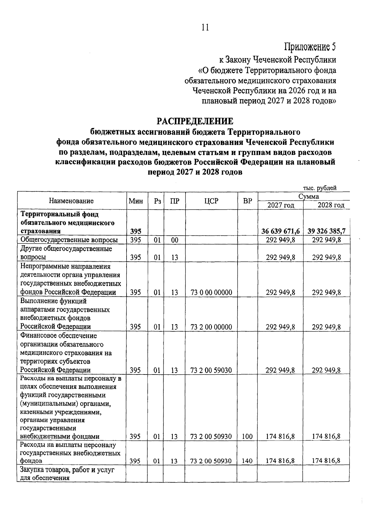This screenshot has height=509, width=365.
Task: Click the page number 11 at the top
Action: point(205,27)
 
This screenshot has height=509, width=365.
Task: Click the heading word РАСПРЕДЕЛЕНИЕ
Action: point(195,121)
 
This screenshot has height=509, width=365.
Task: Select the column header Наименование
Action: point(71,201)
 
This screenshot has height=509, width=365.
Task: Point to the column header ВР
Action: point(248,201)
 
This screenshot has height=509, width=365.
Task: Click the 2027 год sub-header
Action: point(280,205)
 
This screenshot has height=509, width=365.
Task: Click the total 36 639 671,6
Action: point(280,231)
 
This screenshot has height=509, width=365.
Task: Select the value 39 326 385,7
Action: point(326,231)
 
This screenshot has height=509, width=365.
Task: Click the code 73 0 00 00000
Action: point(211,293)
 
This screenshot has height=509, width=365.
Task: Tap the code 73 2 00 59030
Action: point(211,370)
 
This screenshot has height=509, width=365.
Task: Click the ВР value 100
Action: point(247,437)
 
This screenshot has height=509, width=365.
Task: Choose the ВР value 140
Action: point(247,461)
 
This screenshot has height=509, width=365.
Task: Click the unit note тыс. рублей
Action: point(320,188)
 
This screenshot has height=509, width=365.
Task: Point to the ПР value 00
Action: point(174,240)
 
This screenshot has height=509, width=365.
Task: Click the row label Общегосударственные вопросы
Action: point(69,240)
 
